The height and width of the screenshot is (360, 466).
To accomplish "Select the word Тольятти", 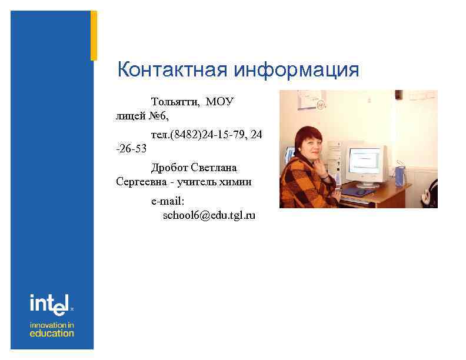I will (x=175, y=102).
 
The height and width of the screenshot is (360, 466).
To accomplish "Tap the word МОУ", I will (x=219, y=102).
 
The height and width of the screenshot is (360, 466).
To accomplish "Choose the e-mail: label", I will (x=168, y=202).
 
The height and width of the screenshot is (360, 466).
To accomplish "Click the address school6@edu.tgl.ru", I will (x=209, y=216).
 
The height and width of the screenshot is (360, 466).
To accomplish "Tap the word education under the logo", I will (x=52, y=333).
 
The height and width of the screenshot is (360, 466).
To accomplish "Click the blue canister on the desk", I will (x=400, y=176).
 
